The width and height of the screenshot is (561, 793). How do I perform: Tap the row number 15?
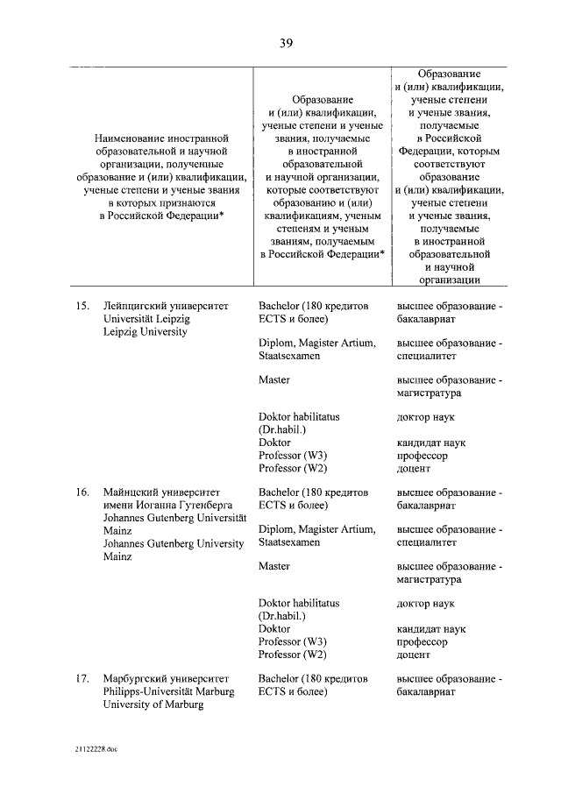click(x=83, y=307)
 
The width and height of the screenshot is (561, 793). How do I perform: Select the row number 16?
click(x=83, y=492)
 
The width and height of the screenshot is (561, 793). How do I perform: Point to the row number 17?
click(x=83, y=678)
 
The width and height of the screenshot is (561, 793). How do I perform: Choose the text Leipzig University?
click(x=145, y=332)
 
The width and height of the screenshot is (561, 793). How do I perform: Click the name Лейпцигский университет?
click(x=165, y=307)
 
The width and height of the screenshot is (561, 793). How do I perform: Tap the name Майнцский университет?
click(x=162, y=492)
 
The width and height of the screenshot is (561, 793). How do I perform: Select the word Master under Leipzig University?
click(x=274, y=380)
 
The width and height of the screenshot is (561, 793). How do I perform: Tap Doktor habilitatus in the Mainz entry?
click(x=299, y=604)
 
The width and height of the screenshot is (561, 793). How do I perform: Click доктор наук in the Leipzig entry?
click(x=426, y=418)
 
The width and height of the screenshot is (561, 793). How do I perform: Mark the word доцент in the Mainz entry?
click(x=414, y=654)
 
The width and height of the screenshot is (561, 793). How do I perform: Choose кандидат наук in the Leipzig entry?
click(x=431, y=443)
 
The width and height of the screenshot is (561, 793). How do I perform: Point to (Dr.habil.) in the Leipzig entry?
click(x=281, y=430)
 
